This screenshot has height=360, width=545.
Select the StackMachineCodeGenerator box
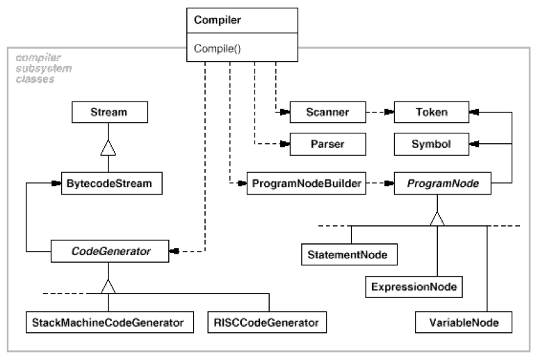(109, 322)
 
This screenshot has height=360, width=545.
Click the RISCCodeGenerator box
(267, 322)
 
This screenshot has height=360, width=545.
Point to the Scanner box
(317, 111)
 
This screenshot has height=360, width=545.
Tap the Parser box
(317, 145)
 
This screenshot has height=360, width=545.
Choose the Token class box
(432, 111)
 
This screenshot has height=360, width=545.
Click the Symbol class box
(432, 145)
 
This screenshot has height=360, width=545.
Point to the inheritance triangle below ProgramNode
(437, 219)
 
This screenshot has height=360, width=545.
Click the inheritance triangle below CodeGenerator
(109, 285)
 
